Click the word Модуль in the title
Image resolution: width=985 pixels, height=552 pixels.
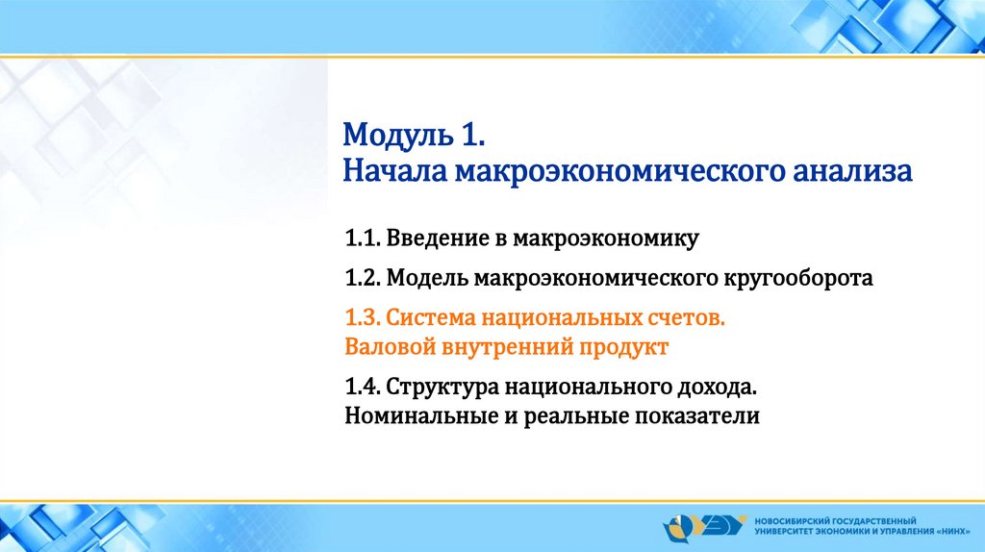398,136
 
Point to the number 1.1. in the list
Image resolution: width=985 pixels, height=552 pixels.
363,238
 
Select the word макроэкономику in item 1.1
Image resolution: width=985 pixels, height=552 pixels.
606,239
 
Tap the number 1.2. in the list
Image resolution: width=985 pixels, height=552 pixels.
363,278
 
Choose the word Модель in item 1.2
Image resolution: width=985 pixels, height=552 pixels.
427,278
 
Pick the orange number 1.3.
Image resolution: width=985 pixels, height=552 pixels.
363,317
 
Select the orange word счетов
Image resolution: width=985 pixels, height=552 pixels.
687,318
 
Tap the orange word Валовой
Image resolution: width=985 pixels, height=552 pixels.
391,346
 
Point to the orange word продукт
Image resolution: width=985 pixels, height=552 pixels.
623,347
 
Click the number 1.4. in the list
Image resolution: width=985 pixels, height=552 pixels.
363,387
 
